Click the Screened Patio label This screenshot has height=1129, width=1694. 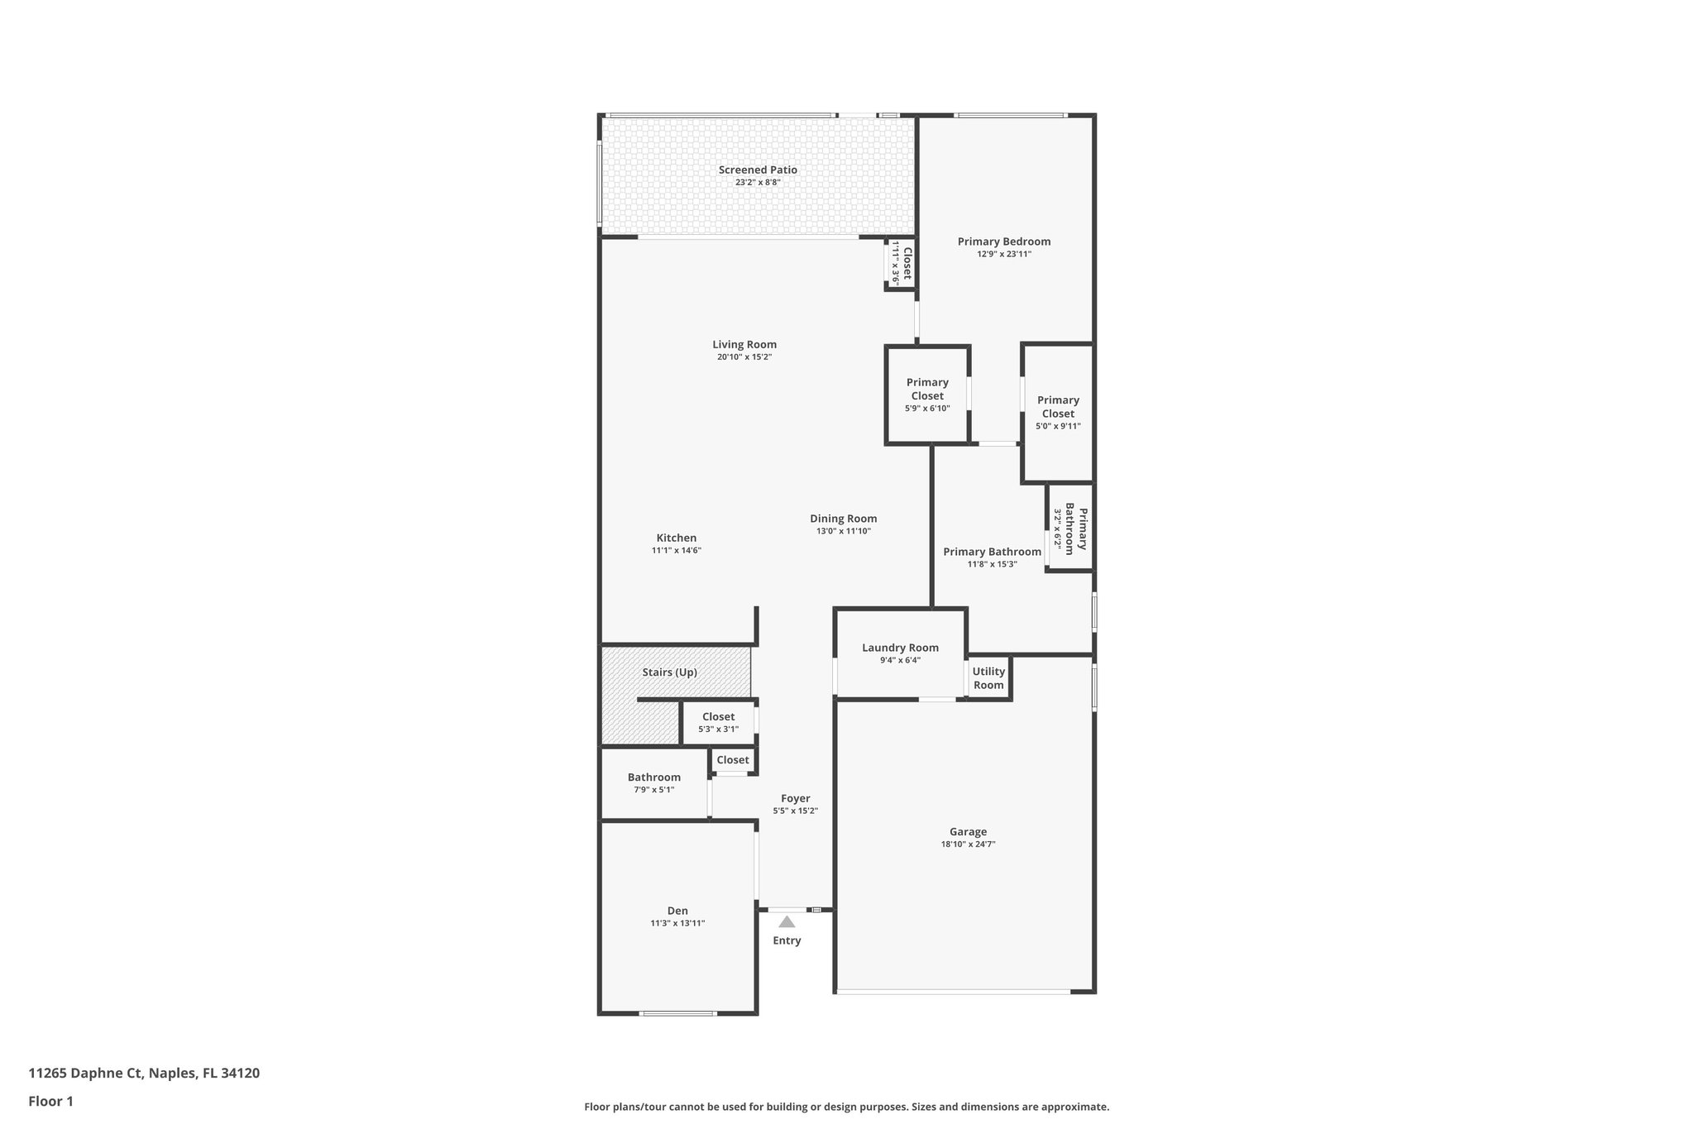[x=758, y=170]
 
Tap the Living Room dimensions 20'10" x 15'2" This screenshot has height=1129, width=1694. [x=744, y=357]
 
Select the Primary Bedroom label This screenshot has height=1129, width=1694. [x=1004, y=242]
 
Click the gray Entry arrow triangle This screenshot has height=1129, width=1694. [x=787, y=921]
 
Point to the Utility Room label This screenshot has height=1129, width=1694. [x=988, y=678]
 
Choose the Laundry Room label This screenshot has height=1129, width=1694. [x=900, y=648]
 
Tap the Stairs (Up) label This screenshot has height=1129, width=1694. [x=669, y=672]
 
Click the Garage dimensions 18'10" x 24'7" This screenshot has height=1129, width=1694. [x=968, y=844]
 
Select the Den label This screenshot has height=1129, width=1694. [x=677, y=911]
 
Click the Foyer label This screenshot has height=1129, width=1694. [x=795, y=798]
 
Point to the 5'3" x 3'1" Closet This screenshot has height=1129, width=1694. [x=718, y=722]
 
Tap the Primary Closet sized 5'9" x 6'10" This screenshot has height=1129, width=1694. [x=927, y=394]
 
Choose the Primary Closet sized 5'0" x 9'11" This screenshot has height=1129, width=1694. [x=1058, y=412]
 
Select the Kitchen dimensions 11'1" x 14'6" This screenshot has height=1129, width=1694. [x=677, y=551]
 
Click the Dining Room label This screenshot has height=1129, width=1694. [x=843, y=519]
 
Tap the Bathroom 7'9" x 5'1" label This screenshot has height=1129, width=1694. [x=653, y=782]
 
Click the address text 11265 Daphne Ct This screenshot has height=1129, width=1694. [x=86, y=1074]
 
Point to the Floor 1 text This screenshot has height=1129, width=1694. [x=50, y=1101]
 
